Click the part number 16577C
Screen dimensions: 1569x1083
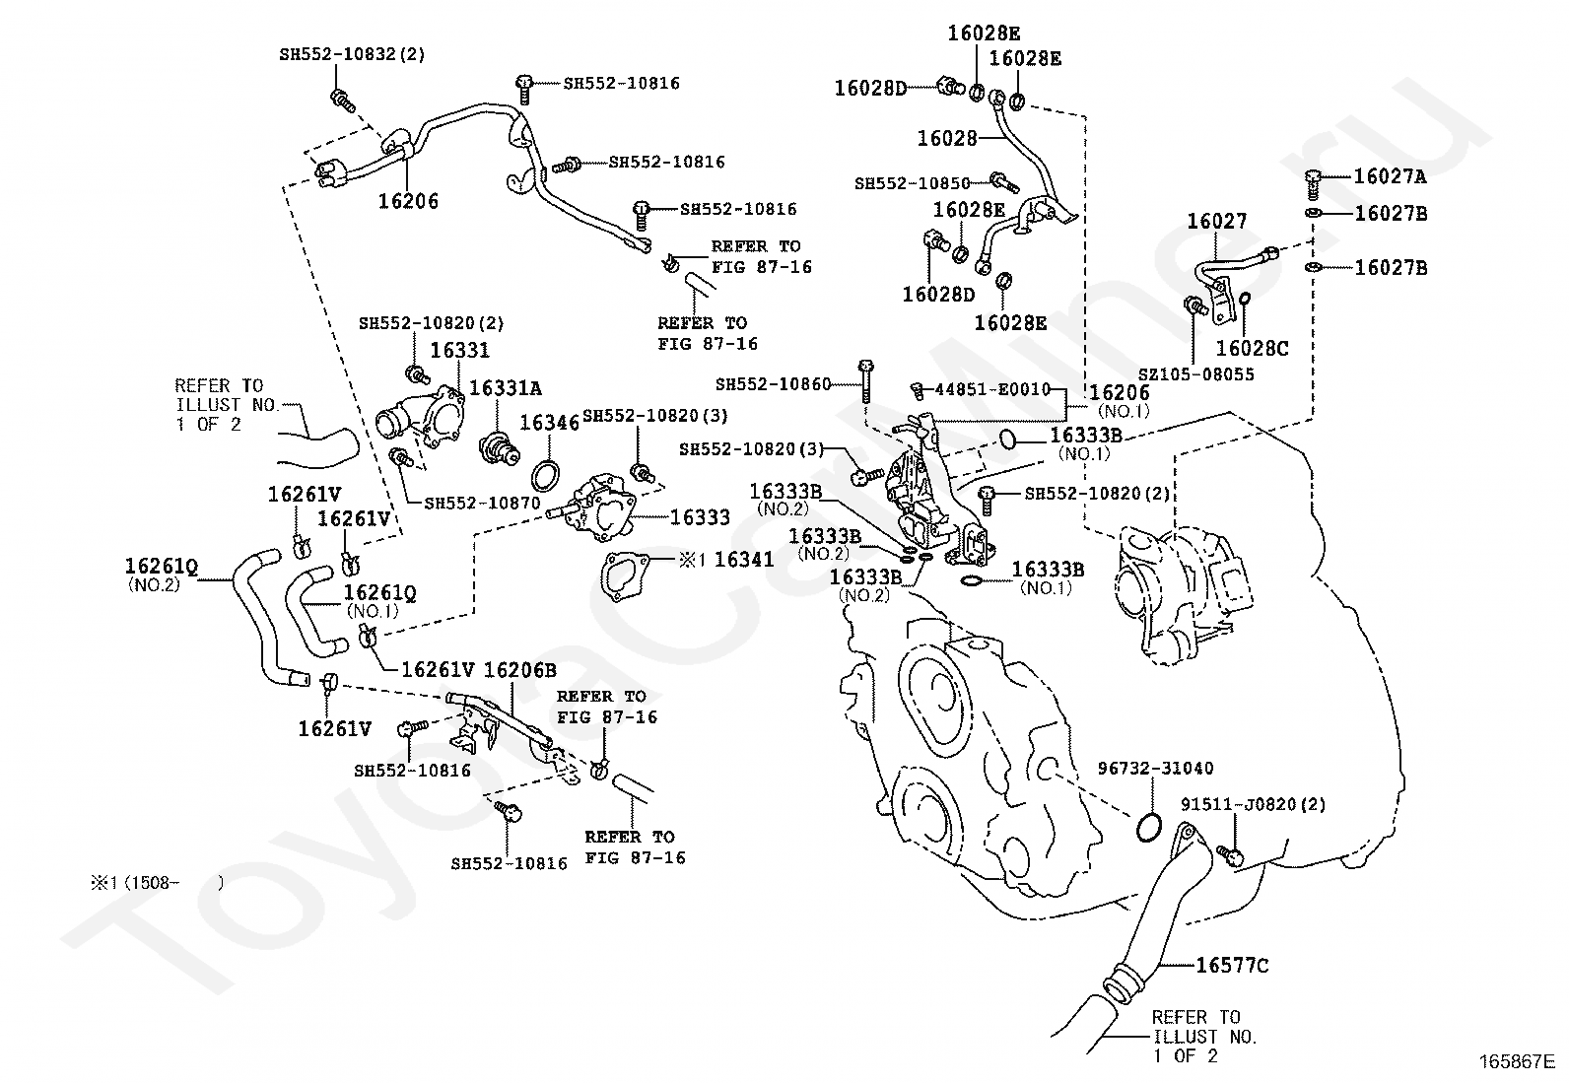(x=1231, y=966)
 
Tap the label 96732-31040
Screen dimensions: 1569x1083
(x=1155, y=769)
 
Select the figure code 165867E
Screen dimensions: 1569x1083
(x=1517, y=1062)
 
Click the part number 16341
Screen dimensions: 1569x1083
(x=744, y=559)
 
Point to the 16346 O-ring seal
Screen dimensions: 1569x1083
(x=546, y=476)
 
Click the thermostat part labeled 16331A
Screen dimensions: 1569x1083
(x=499, y=449)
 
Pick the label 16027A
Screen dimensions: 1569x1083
(x=1390, y=175)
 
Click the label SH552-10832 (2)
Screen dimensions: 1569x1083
(x=352, y=54)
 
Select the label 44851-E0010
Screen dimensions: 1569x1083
(x=992, y=389)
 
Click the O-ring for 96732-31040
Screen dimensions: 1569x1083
(x=1148, y=828)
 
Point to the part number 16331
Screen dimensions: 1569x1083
(x=459, y=350)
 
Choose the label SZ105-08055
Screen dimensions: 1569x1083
(x=1196, y=374)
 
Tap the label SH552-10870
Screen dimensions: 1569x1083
(x=482, y=503)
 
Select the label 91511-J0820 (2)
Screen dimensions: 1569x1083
(x=1253, y=804)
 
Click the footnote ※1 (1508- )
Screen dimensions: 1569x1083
(x=157, y=883)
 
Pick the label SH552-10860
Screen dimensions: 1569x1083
(x=774, y=384)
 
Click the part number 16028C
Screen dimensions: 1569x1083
(x=1253, y=348)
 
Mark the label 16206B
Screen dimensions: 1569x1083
(x=519, y=670)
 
